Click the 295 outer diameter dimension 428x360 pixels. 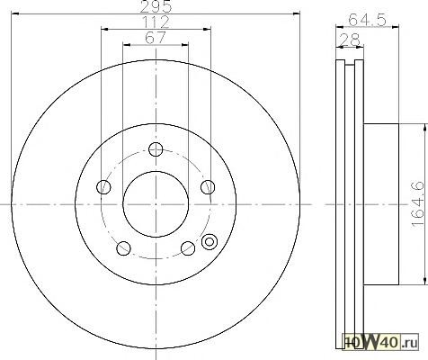pos(156,6)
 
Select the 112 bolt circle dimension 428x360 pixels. pos(156,22)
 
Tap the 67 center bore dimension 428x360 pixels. pos(156,38)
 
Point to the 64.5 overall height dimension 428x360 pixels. pos(367,21)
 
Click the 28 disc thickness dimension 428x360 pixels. pos(350,40)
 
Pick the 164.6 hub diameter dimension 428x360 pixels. pos(418,204)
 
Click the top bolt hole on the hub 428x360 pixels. pos(156,149)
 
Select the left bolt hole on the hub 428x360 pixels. pos(103,187)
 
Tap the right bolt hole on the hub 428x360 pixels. pos(208,187)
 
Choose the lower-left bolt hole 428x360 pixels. pos(123,248)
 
